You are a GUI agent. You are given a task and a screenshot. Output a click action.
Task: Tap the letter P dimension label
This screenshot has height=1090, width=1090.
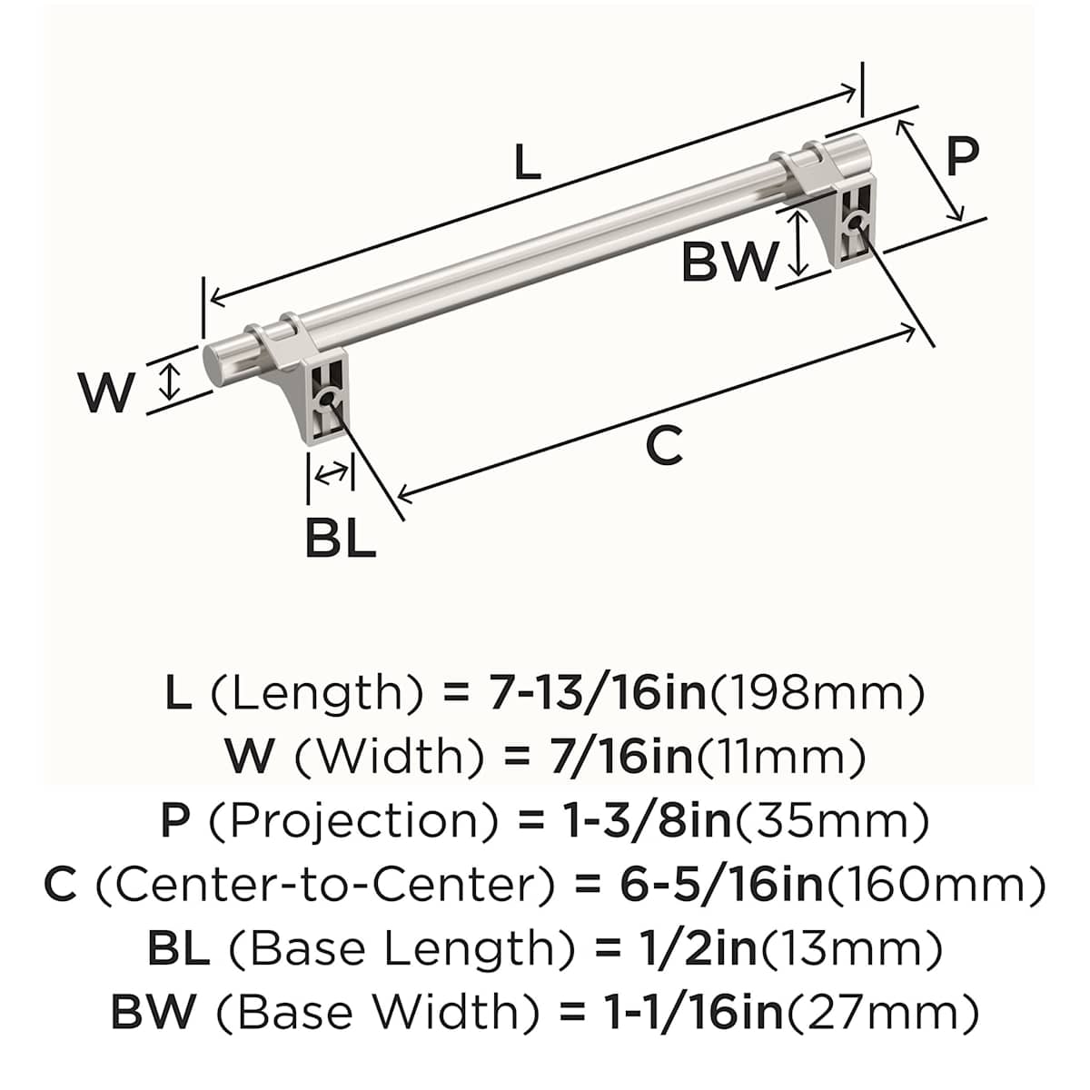tap(963, 156)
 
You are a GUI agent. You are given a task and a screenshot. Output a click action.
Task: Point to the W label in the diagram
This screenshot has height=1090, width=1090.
tap(107, 393)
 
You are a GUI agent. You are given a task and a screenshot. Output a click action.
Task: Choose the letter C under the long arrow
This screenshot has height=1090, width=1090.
tap(664, 446)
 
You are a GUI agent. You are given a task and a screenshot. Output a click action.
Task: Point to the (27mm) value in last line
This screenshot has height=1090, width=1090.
tap(882, 1013)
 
